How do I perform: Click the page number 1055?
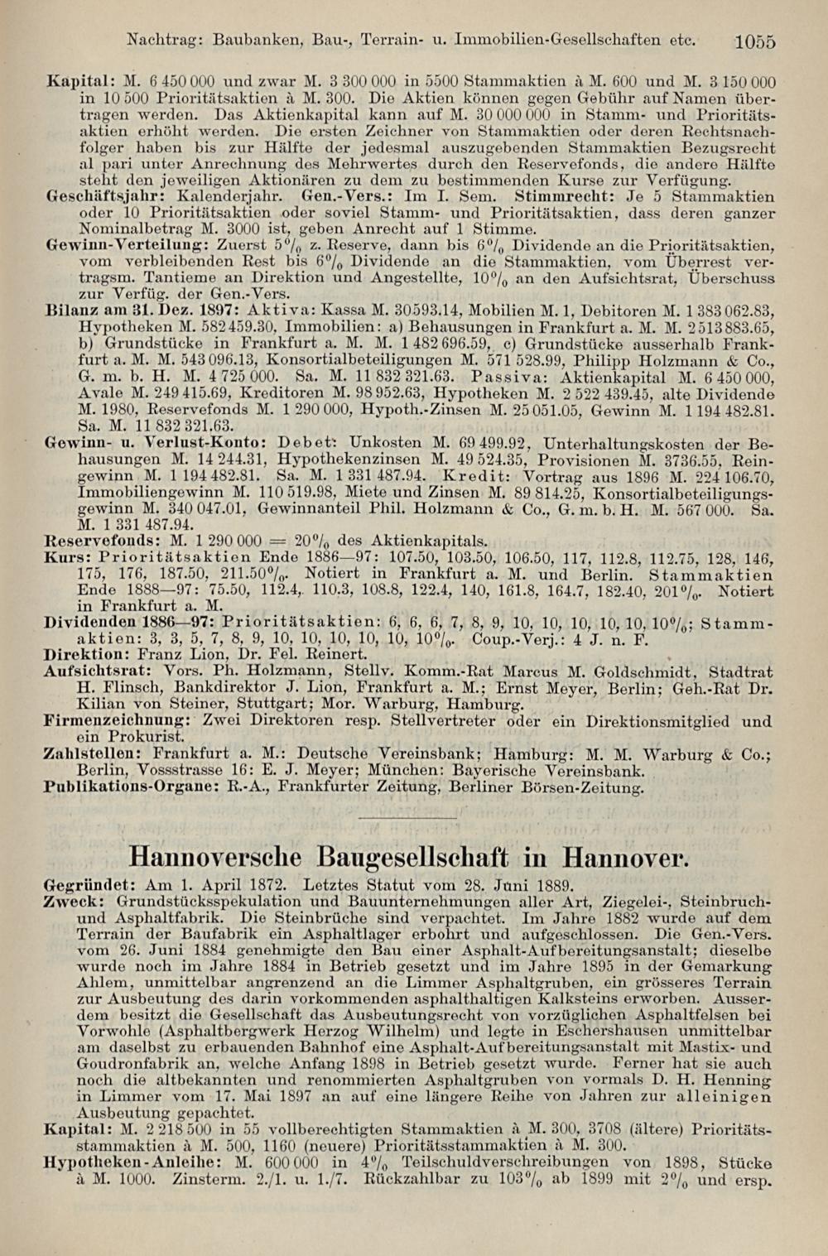coord(753,41)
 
